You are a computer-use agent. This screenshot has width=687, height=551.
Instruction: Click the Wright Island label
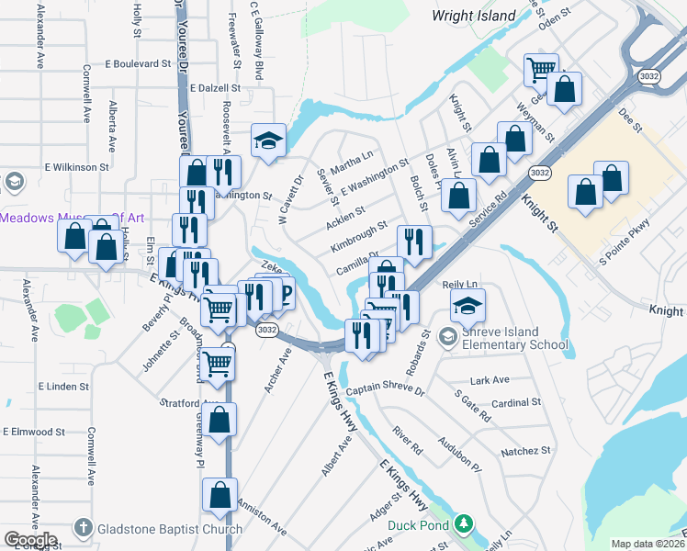coord(473,16)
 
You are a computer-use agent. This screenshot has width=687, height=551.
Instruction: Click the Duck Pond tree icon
coord(465,524)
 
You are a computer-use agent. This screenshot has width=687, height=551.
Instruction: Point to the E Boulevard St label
coord(138,64)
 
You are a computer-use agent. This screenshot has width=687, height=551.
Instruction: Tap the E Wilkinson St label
coord(77,168)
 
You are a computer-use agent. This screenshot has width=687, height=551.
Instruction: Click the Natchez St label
coord(525,451)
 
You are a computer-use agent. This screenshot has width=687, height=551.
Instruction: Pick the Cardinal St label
coord(516,402)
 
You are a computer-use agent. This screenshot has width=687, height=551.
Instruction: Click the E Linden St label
coord(63,387)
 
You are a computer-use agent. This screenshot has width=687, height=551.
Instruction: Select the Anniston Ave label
coord(262,518)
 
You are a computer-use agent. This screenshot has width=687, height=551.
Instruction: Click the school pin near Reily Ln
coord(468,305)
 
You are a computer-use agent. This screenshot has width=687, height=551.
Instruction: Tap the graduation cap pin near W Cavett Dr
coord(268,141)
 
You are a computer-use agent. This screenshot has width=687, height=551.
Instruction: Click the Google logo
coord(30,541)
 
